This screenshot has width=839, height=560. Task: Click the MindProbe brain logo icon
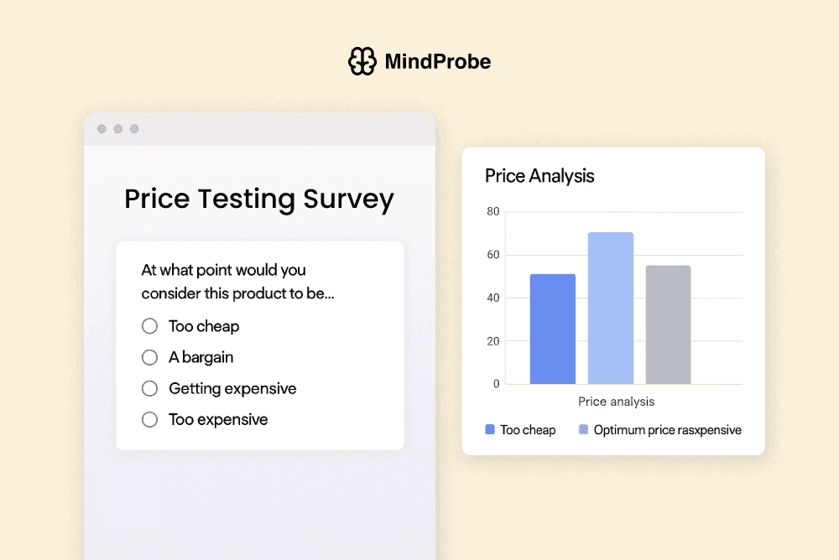tap(362, 61)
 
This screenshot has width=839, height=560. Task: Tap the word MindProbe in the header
tap(437, 61)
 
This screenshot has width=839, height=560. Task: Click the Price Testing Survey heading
tap(259, 200)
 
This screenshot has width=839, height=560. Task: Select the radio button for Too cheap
tap(150, 326)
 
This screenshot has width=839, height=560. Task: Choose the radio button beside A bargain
tap(150, 357)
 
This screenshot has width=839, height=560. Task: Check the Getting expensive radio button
tap(150, 388)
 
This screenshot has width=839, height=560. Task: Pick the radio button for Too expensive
tap(150, 419)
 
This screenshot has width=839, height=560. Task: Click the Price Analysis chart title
tap(539, 176)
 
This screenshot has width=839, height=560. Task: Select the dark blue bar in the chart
tap(553, 329)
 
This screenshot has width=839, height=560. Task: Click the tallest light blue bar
tap(610, 309)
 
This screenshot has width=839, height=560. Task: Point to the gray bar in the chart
tap(668, 324)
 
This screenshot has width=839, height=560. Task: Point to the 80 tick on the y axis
tap(492, 212)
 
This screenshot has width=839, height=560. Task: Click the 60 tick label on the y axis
tap(492, 255)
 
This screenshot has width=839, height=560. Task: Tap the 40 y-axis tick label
tap(492, 298)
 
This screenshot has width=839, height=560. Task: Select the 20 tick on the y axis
tap(492, 341)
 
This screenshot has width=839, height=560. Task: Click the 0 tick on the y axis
tap(496, 384)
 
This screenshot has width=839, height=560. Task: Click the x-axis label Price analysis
tap(617, 402)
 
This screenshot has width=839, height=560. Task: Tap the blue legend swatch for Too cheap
tap(490, 429)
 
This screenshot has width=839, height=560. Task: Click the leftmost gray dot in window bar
tap(102, 129)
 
